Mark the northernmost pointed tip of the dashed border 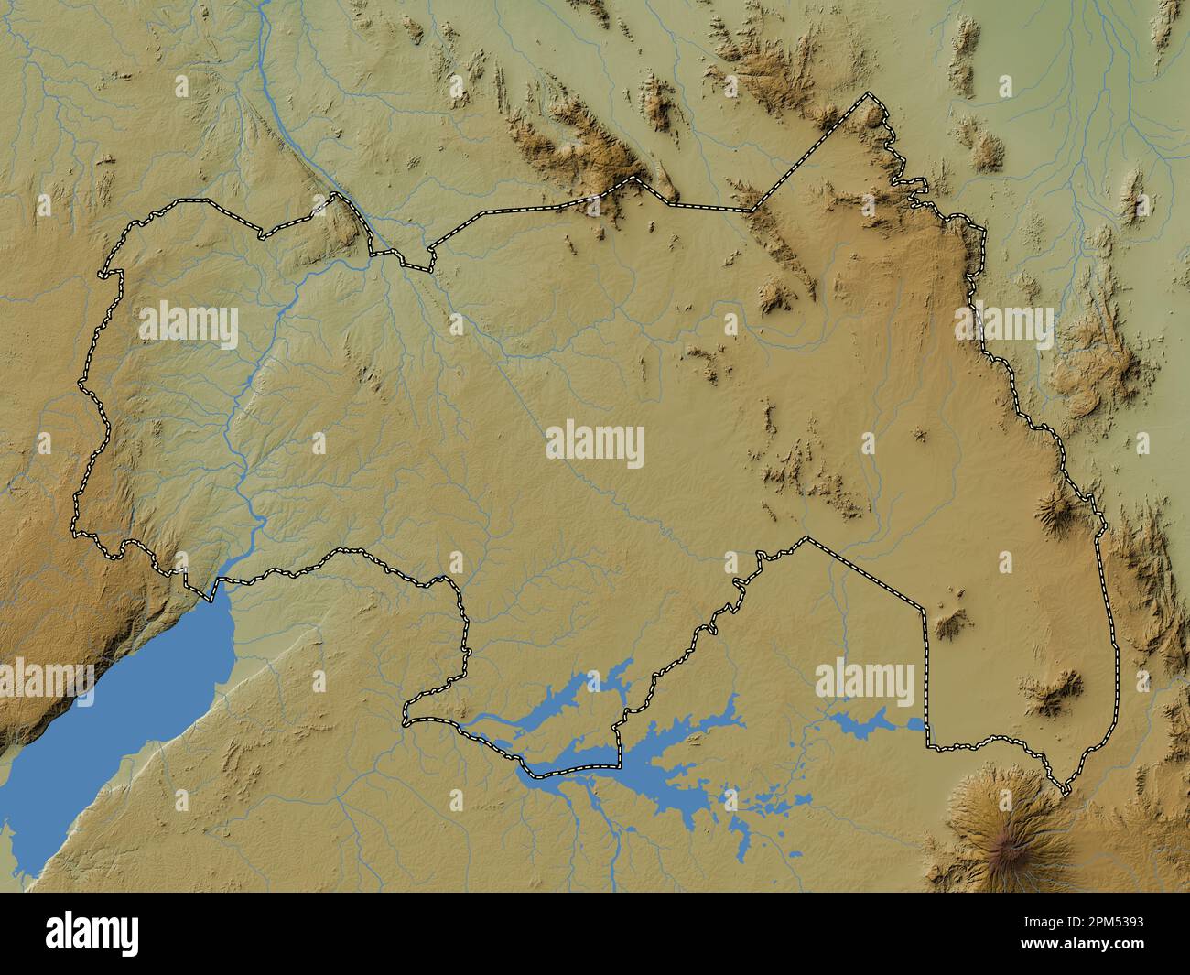pos(870,94)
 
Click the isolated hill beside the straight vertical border pos(952,623)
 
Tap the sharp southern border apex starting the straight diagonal pos(806,539)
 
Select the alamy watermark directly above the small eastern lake pos(864,682)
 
